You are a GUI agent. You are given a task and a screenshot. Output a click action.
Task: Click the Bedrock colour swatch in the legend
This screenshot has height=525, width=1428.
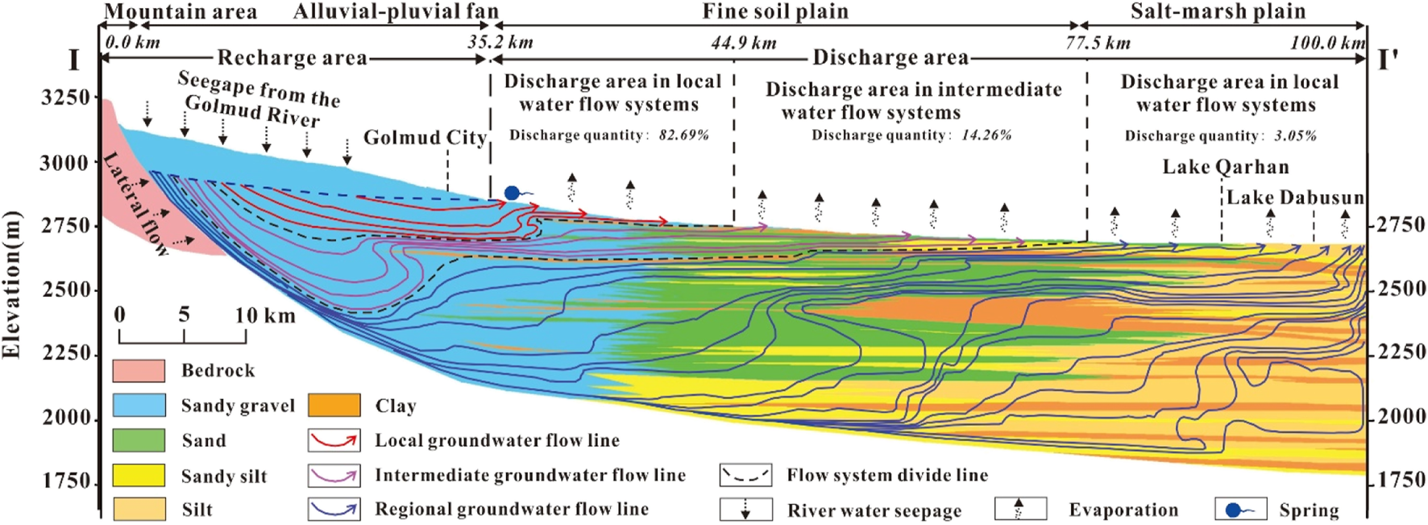(x=139, y=370)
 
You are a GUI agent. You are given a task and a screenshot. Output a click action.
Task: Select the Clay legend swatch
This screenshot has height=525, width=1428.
(x=334, y=405)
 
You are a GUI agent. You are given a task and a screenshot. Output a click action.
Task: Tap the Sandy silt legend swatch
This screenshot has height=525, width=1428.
(x=139, y=476)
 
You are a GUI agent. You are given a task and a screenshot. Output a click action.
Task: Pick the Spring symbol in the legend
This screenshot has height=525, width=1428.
(x=1240, y=510)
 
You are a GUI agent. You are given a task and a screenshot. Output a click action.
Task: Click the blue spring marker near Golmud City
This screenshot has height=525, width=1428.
(x=513, y=193)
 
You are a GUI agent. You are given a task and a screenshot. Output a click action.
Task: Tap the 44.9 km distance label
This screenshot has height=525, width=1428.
(x=743, y=43)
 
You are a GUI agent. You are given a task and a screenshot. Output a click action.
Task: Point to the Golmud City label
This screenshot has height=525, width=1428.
(x=425, y=138)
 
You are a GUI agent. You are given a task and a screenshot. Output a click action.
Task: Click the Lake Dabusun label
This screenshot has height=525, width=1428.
(x=1295, y=198)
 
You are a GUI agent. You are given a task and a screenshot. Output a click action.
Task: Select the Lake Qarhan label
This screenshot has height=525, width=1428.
(x=1225, y=168)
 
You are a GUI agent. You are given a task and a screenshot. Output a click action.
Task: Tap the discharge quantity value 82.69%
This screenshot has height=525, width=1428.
(x=683, y=135)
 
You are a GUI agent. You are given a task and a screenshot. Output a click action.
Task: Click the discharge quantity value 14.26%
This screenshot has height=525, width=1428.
(x=986, y=135)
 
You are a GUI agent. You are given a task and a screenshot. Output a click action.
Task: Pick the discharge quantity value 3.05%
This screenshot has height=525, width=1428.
(x=1295, y=136)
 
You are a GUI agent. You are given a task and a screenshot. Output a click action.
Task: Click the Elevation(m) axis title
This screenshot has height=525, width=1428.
(x=11, y=285)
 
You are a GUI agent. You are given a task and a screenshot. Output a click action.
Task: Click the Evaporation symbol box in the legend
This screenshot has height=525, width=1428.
(x=1020, y=509)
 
